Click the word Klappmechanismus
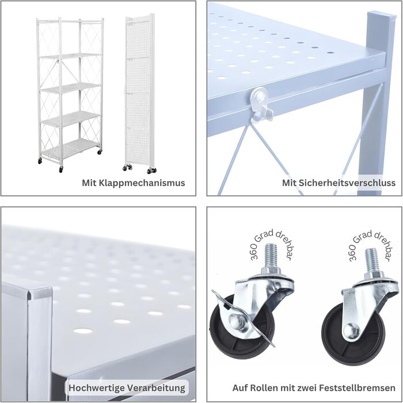pos(142,183)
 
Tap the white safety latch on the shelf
pos(261,104)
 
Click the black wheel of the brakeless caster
pos(354,336)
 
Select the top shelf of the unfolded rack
pos(70,56)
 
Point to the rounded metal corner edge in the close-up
pos(39,293)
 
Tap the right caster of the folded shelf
pos(152,170)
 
